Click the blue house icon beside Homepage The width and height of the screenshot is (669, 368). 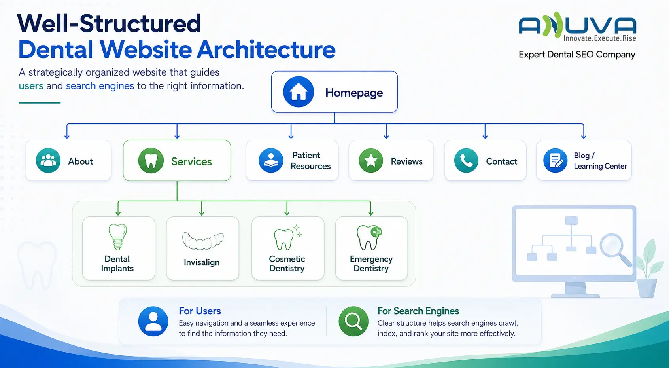point(299,92)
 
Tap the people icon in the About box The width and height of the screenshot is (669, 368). point(48,161)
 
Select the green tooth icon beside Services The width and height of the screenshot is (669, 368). point(151,161)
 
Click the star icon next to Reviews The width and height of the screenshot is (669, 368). point(370,161)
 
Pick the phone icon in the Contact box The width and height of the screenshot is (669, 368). point(466,161)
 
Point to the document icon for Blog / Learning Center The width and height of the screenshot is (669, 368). point(555,161)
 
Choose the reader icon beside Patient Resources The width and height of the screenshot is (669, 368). point(271,161)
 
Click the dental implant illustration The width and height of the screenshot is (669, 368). point(118,237)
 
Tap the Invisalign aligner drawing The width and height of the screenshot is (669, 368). point(203,241)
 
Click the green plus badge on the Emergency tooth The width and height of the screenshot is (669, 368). point(376,232)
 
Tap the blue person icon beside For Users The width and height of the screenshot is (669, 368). point(153,321)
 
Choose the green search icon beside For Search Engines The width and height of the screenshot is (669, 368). point(353,321)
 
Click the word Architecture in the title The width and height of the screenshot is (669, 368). point(266,49)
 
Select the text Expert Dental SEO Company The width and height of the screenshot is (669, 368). point(577,55)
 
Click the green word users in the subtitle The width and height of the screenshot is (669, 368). point(31,86)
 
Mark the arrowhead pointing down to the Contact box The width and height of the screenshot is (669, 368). point(485,137)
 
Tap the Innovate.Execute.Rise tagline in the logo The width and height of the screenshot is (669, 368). point(600,38)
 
